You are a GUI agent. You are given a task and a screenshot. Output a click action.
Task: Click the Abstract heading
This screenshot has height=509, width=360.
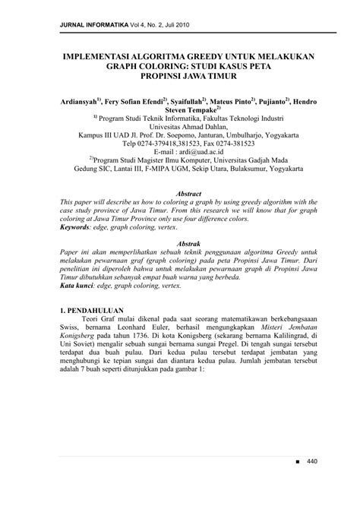tap(179, 194)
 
